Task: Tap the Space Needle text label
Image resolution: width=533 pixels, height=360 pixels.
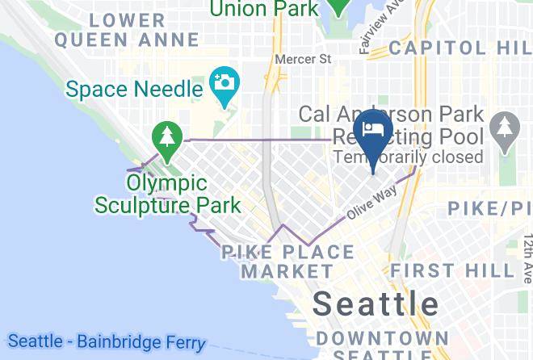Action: click(134, 88)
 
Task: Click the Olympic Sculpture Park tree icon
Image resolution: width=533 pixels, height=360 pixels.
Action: click(167, 136)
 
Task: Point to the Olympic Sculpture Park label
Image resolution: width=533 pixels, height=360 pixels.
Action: click(167, 195)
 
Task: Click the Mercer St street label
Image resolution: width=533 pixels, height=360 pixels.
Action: click(303, 59)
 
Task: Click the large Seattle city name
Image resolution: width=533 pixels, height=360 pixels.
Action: click(376, 303)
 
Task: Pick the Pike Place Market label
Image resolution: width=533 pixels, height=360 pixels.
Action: click(287, 262)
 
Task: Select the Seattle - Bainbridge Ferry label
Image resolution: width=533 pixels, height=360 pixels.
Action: click(106, 341)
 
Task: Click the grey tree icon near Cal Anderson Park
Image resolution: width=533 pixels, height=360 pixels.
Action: click(506, 130)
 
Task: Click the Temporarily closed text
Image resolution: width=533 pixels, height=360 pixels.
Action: click(408, 157)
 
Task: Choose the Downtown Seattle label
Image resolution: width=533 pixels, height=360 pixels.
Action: click(382, 345)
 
